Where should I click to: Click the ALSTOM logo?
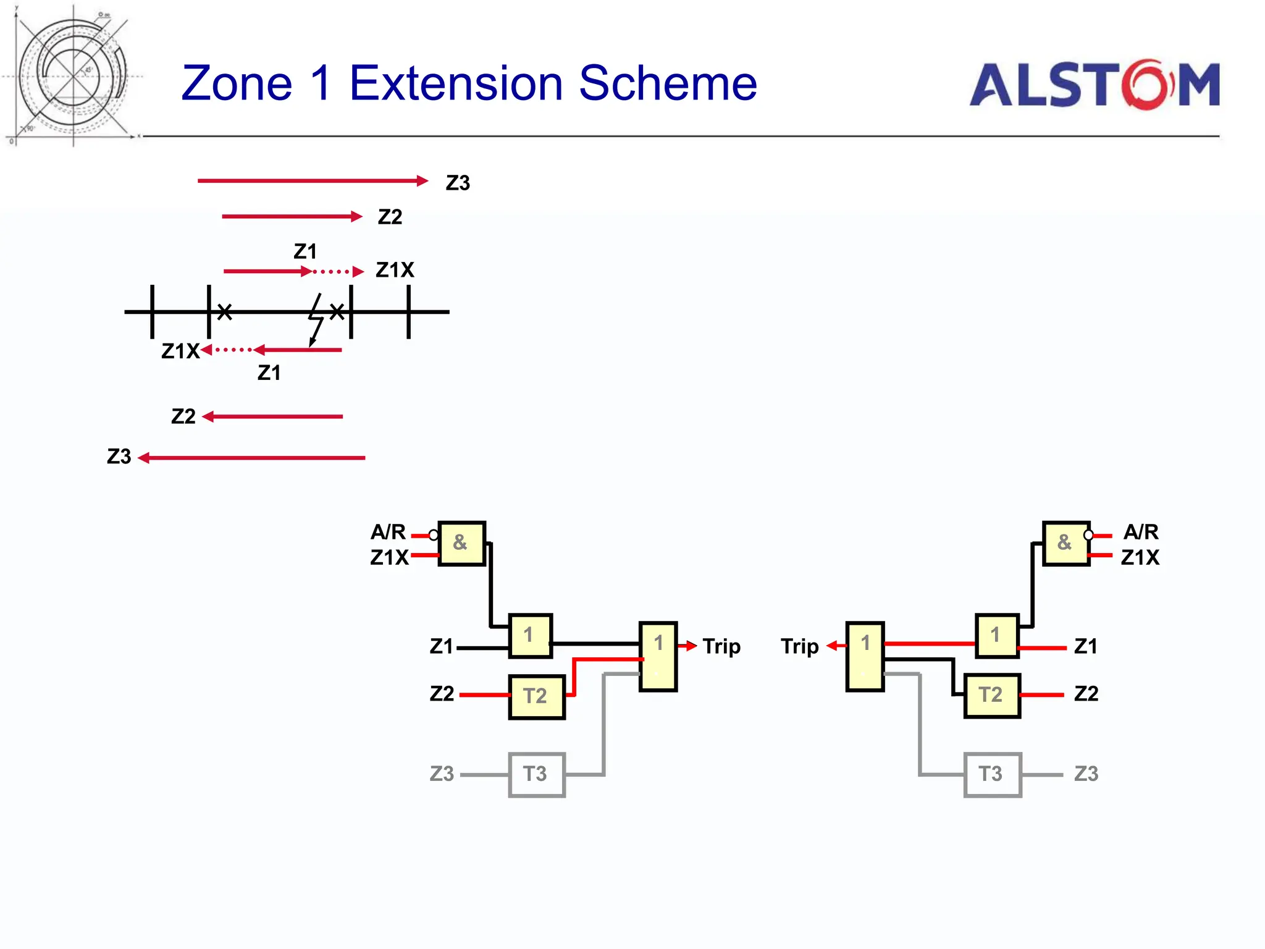[1094, 85]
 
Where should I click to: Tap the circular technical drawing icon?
[73, 76]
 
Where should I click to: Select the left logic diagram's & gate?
[461, 543]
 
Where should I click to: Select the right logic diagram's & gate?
[1065, 543]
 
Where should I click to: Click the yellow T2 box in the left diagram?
[536, 696]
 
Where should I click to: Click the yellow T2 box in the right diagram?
[991, 695]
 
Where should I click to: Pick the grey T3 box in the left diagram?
[536, 774]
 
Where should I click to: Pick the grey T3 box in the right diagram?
[992, 774]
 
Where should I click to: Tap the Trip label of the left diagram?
[721, 646]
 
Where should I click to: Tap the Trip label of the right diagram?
[799, 646]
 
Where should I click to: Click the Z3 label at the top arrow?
[458, 183]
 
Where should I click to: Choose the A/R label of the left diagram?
[388, 532]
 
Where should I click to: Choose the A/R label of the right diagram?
[1141, 532]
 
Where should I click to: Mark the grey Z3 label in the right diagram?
[1086, 774]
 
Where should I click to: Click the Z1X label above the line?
[395, 270]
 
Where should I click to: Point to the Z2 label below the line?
[183, 416]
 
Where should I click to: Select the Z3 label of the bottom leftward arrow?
[119, 457]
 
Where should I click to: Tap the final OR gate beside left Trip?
[658, 656]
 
